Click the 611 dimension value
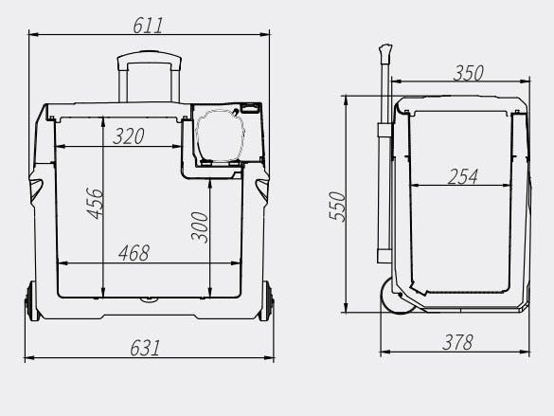click(148, 26)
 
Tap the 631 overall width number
click(145, 348)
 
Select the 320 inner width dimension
click(129, 136)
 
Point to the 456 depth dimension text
click(95, 204)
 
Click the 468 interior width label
click(134, 253)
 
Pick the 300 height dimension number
click(200, 226)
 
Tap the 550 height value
click(337, 207)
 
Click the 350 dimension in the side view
click(468, 73)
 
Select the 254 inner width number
click(463, 176)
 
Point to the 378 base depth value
click(457, 342)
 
